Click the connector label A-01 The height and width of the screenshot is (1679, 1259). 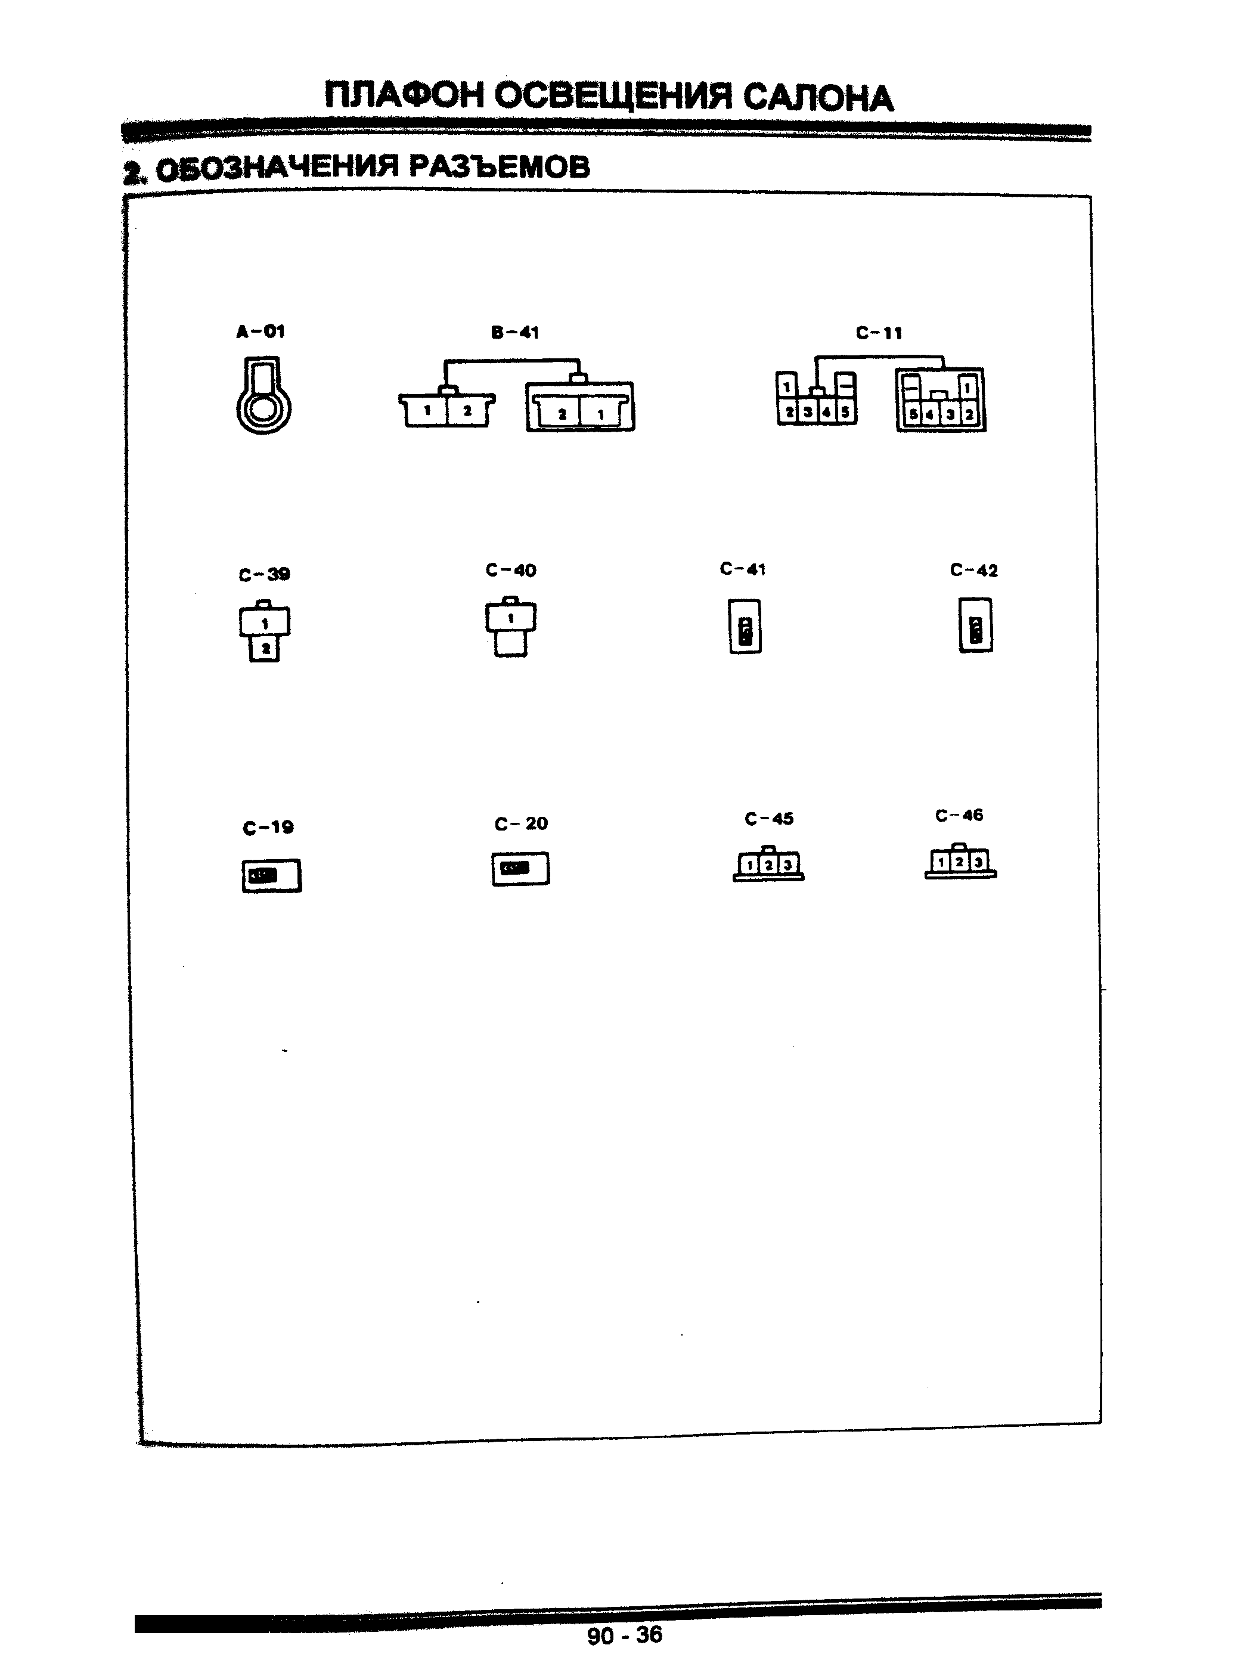click(261, 331)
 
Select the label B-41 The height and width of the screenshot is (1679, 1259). click(514, 333)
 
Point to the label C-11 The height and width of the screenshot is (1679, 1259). click(879, 333)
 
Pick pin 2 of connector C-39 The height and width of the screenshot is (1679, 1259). click(265, 649)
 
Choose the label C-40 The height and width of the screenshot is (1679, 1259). click(511, 570)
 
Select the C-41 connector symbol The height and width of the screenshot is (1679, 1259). click(745, 626)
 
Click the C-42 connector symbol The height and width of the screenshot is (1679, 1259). click(975, 625)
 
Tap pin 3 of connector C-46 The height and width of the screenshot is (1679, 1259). click(979, 862)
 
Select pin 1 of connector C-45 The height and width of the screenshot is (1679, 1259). click(749, 865)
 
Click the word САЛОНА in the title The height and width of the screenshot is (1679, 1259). click(817, 98)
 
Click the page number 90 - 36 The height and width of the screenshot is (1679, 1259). click(625, 1634)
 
